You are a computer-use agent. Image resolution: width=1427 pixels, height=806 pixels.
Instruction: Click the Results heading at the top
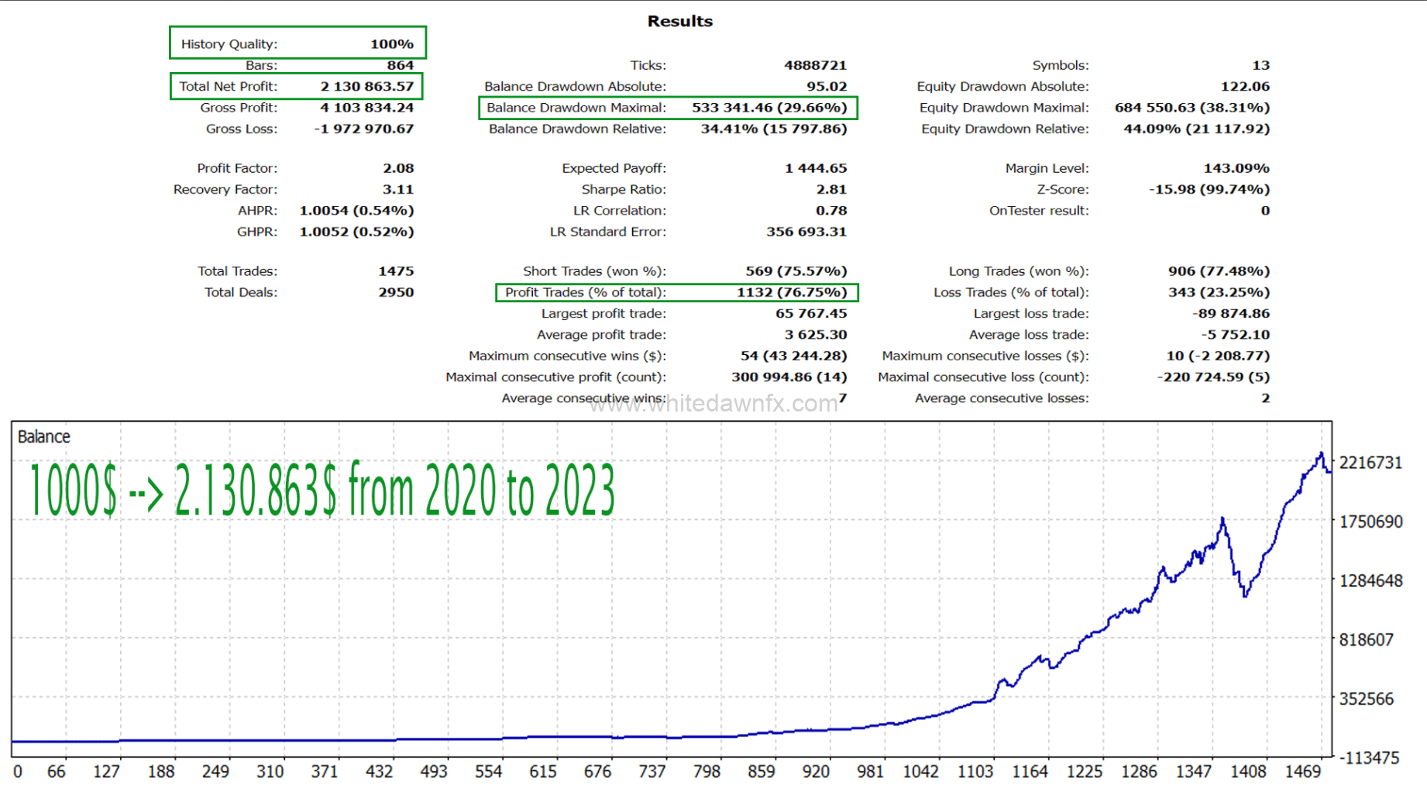pos(679,22)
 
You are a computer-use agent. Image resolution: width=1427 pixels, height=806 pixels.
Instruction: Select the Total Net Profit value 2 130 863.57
pos(367,86)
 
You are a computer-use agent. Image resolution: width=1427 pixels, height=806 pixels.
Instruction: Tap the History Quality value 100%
pos(391,44)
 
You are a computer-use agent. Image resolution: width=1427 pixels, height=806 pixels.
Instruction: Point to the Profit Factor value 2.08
pos(398,168)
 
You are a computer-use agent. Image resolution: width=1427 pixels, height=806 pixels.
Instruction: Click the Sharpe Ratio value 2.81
pos(830,189)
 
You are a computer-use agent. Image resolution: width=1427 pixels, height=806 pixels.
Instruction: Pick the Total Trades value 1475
pos(396,271)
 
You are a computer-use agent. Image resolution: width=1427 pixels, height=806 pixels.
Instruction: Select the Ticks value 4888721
pos(815,65)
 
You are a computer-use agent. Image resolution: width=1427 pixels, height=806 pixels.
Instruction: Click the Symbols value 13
pos(1260,65)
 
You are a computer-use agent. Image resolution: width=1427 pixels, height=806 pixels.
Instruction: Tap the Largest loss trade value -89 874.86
pos(1231,314)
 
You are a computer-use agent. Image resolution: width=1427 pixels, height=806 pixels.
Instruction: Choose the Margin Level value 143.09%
pos(1236,168)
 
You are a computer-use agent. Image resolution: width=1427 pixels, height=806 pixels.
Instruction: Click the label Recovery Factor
pos(225,189)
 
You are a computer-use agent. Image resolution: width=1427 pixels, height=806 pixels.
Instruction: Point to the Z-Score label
pos(1062,189)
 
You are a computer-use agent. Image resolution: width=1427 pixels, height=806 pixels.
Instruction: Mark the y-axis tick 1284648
pos(1370,580)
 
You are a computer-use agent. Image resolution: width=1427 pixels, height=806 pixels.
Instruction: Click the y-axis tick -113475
pos(1370,758)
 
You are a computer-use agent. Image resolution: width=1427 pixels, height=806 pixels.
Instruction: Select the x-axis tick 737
pos(652,772)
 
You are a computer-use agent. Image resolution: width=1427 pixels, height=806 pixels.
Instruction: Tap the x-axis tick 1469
pos(1303,772)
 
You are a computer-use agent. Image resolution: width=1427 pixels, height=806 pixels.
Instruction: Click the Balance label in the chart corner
pos(44,437)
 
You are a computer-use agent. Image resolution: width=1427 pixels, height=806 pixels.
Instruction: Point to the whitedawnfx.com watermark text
pos(713,404)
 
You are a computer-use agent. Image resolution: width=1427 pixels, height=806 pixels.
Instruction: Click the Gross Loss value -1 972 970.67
pos(364,129)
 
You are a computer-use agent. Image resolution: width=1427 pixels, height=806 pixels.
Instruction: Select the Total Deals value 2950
pos(396,292)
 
